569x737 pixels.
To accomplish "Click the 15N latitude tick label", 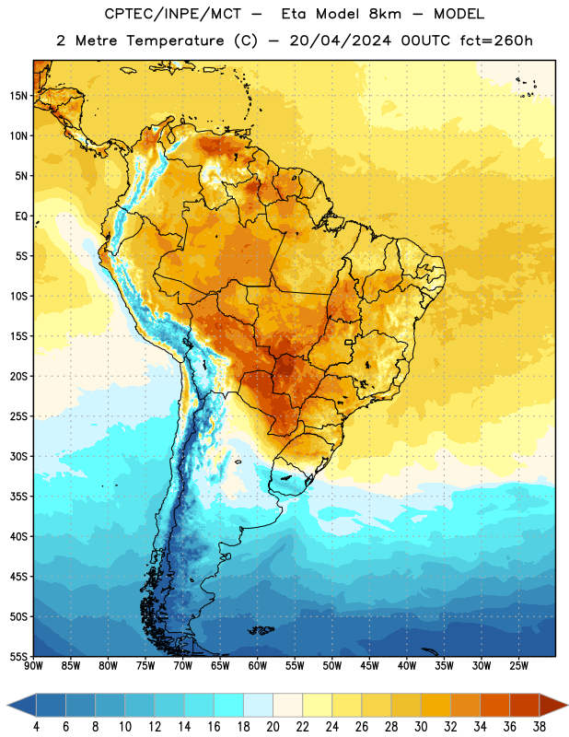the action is click(x=18, y=96).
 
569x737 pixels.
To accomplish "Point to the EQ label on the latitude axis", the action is click(x=21, y=216).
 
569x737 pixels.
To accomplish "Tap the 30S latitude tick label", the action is click(x=18, y=456).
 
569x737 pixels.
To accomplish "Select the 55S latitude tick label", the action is click(x=18, y=656).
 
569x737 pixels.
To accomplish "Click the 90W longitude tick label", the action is click(x=33, y=666).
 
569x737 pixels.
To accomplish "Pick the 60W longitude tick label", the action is click(x=258, y=666).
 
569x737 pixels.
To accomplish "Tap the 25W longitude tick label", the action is click(x=519, y=666).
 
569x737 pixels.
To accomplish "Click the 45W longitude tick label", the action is click(x=370, y=666).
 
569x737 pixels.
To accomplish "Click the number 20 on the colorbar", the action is click(x=273, y=727).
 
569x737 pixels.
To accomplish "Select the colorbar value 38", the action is click(x=540, y=727).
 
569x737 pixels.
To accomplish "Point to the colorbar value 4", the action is click(x=36, y=727).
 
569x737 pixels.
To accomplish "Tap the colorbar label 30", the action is click(x=421, y=727).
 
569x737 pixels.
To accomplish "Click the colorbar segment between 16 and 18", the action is click(x=228, y=705).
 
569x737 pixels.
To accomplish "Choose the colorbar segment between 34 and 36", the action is click(x=494, y=705).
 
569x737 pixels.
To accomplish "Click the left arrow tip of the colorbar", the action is click(x=7, y=706).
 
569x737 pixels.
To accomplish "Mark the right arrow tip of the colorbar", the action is click(x=567, y=706).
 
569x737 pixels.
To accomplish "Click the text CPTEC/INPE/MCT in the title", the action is click(x=172, y=14).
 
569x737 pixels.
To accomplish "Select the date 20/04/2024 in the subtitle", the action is click(x=340, y=41).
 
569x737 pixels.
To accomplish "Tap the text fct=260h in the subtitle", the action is click(x=496, y=41).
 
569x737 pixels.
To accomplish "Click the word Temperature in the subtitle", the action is click(x=175, y=41).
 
